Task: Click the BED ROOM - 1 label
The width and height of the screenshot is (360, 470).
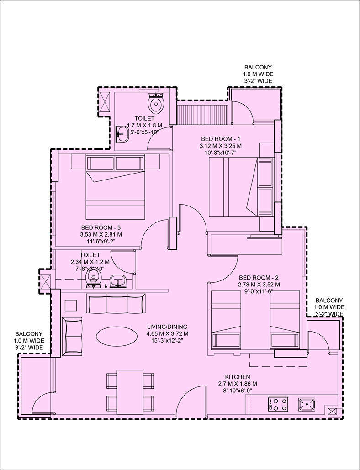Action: click(221, 139)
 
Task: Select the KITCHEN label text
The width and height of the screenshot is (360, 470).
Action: click(238, 377)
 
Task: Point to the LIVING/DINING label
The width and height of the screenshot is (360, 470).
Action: click(167, 327)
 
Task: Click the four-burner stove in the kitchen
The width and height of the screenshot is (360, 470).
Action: click(278, 404)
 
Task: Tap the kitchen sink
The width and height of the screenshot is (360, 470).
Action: click(307, 404)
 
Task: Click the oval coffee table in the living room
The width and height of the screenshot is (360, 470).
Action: click(117, 335)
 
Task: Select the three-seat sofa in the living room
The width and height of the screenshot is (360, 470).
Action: click(116, 304)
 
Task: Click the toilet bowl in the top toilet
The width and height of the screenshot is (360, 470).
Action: click(156, 103)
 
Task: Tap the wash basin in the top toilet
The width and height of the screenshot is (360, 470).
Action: click(122, 134)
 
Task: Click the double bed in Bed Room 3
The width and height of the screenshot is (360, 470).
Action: click(116, 187)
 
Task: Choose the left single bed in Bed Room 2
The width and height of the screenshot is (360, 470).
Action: click(226, 320)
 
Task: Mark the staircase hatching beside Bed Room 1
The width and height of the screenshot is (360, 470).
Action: click(203, 115)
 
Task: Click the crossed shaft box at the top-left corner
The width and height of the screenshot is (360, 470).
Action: click(105, 102)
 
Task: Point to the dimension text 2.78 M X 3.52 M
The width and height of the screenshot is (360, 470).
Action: click(259, 285)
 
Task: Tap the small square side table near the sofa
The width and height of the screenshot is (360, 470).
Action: click(71, 306)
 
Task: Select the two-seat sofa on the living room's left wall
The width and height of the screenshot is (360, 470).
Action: click(72, 336)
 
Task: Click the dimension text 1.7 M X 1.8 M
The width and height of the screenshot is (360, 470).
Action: click(144, 125)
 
